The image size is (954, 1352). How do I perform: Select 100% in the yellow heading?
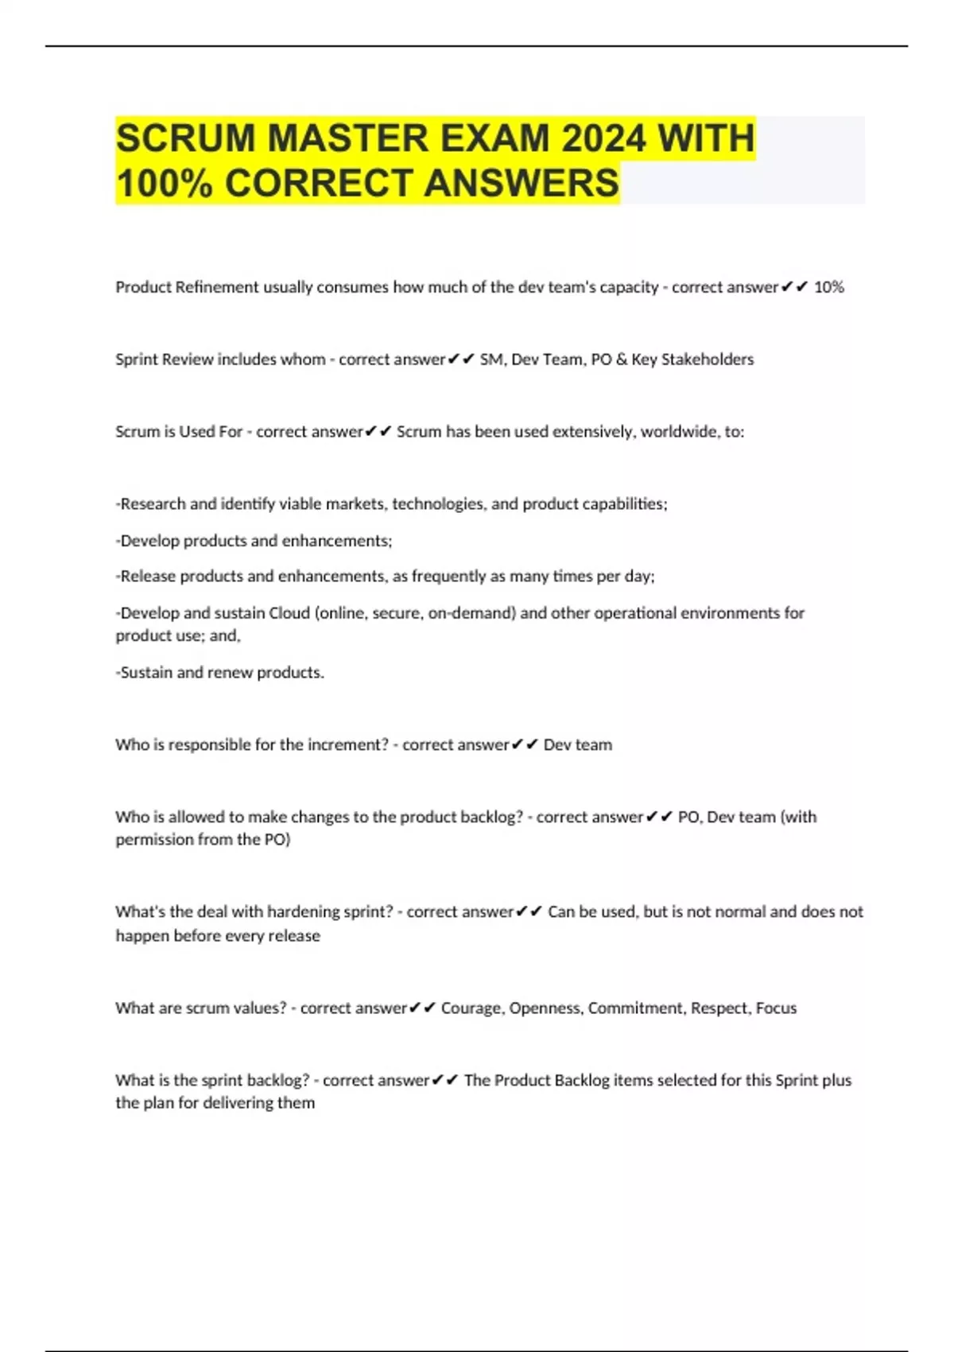(x=165, y=183)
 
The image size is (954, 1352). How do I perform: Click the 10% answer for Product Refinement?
(x=828, y=287)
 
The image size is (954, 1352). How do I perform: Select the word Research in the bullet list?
(x=153, y=504)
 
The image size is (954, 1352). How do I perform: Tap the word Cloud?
(x=289, y=613)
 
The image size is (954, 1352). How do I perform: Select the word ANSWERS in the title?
(x=522, y=183)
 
